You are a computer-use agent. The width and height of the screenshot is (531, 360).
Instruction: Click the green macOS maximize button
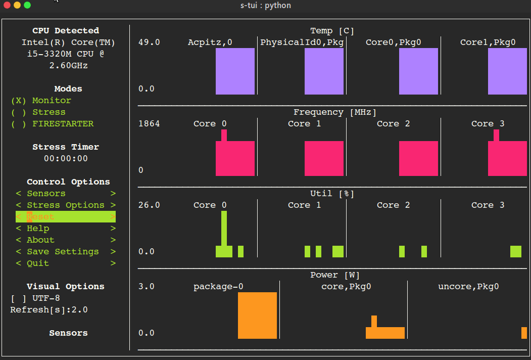point(27,5)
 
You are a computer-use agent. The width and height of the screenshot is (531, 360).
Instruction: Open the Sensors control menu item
point(66,194)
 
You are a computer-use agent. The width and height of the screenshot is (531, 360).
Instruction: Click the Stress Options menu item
point(66,205)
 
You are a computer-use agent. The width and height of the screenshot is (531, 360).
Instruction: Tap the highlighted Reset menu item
point(66,217)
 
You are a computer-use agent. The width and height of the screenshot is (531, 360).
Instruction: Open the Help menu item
point(66,229)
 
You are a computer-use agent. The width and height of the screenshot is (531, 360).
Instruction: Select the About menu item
point(66,240)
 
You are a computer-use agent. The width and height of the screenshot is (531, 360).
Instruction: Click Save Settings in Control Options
point(66,252)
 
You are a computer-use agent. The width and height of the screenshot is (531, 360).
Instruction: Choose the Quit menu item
point(66,263)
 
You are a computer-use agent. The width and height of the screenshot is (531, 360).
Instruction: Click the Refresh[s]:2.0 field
point(49,310)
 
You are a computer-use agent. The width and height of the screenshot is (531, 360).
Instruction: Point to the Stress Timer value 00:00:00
point(66,159)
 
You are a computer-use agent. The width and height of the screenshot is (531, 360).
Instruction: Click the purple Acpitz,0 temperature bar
point(235,71)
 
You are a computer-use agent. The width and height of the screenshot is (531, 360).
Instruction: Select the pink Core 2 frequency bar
point(418,158)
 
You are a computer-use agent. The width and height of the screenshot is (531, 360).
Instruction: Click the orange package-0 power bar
point(257,315)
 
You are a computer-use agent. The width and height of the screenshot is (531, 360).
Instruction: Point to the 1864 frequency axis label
point(149,124)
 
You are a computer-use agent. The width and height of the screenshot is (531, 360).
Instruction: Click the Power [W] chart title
point(335,275)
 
